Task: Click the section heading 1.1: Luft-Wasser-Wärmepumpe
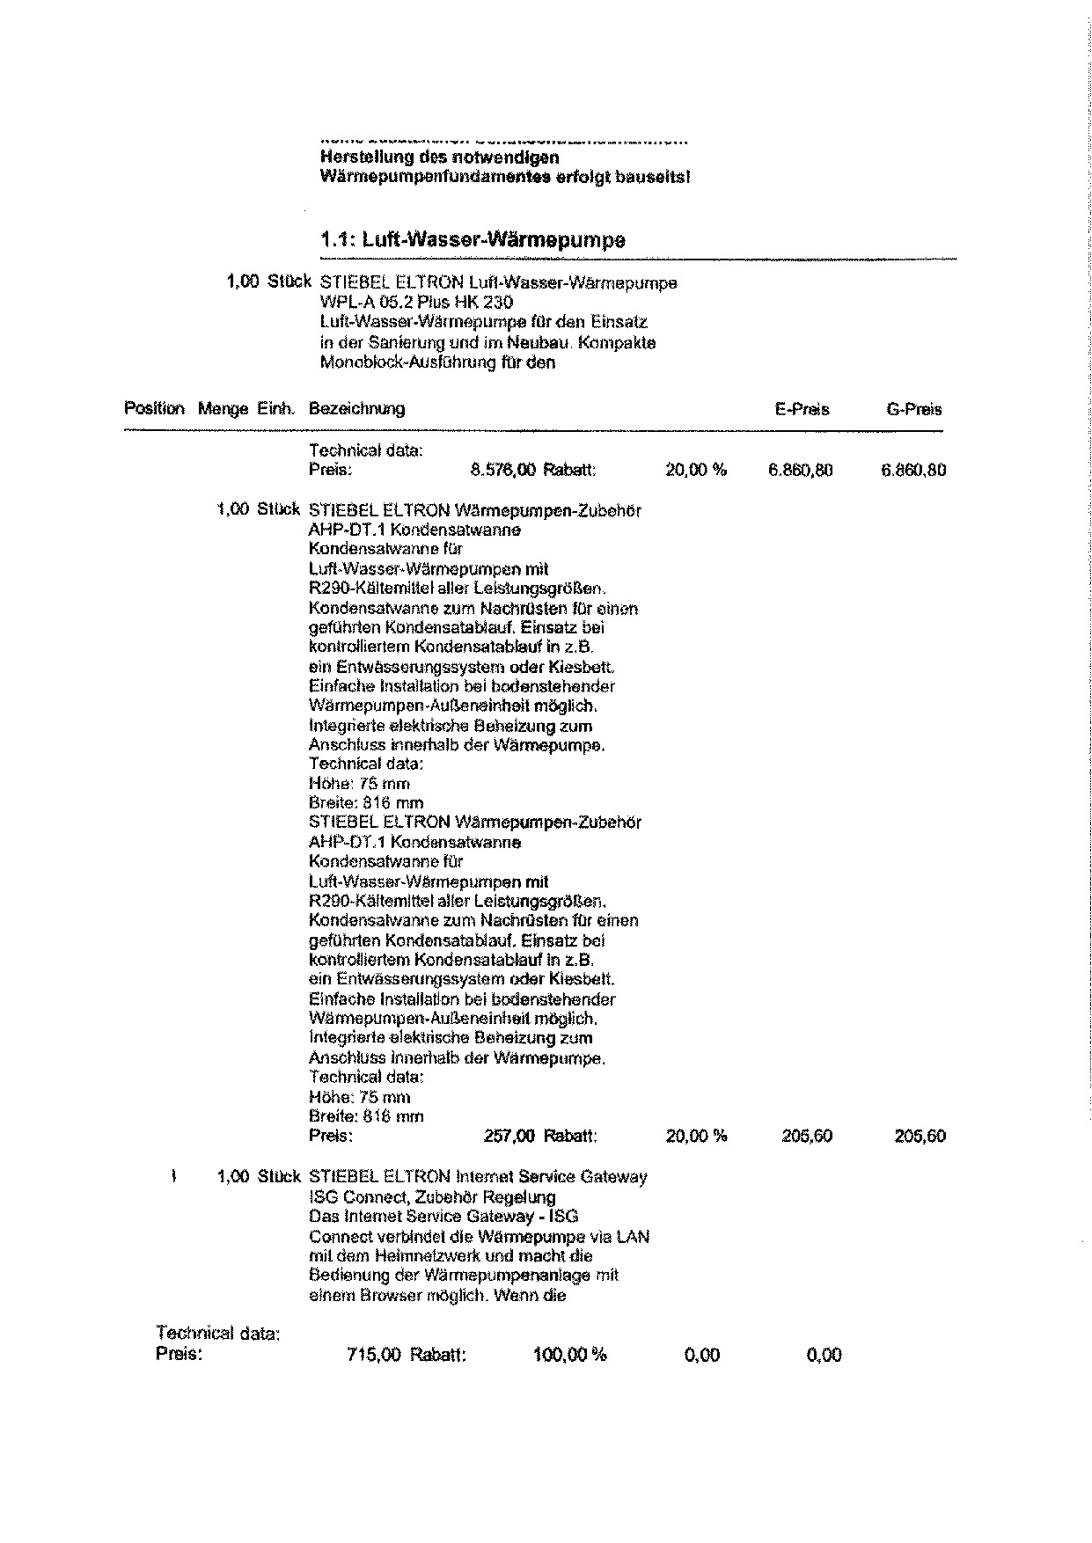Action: click(473, 240)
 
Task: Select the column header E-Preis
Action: click(802, 409)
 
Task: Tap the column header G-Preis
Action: click(914, 409)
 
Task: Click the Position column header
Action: click(155, 409)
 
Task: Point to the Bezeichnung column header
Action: click(356, 409)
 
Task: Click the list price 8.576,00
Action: click(503, 470)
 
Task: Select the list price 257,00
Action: click(509, 1136)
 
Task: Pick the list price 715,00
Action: click(375, 1355)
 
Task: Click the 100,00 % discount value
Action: click(569, 1355)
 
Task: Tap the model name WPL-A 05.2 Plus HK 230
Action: click(417, 303)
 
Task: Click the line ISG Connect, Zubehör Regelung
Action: click(432, 1196)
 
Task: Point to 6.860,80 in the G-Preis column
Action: click(913, 470)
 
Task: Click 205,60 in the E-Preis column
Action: click(807, 1136)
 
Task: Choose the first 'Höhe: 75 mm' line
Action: click(359, 783)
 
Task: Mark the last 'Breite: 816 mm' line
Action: click(366, 1116)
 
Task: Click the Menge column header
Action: click(224, 409)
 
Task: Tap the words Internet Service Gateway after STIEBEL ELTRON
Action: click(551, 1177)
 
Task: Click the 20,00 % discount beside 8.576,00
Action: click(696, 470)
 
